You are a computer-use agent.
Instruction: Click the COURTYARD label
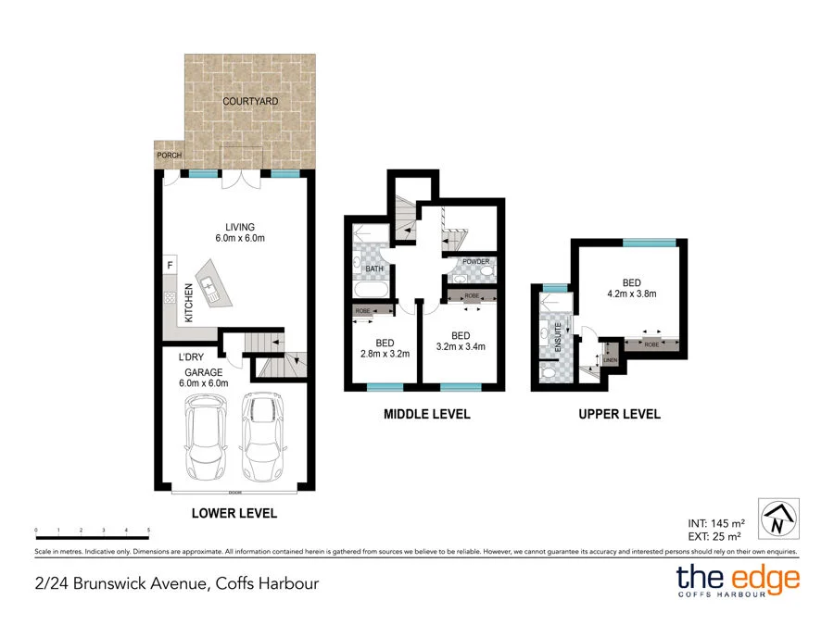tap(250, 101)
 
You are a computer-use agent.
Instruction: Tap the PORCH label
tap(169, 156)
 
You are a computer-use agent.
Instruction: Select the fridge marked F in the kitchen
tap(170, 266)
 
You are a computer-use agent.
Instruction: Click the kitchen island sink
tap(210, 287)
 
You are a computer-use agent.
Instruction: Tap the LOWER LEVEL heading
tap(234, 513)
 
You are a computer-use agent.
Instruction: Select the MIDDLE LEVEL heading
tap(427, 414)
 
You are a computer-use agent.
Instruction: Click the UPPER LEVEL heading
tap(620, 414)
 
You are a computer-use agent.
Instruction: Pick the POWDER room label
tap(476, 262)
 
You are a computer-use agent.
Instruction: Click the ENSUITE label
tap(544, 333)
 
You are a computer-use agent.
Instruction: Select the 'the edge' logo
tap(737, 581)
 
